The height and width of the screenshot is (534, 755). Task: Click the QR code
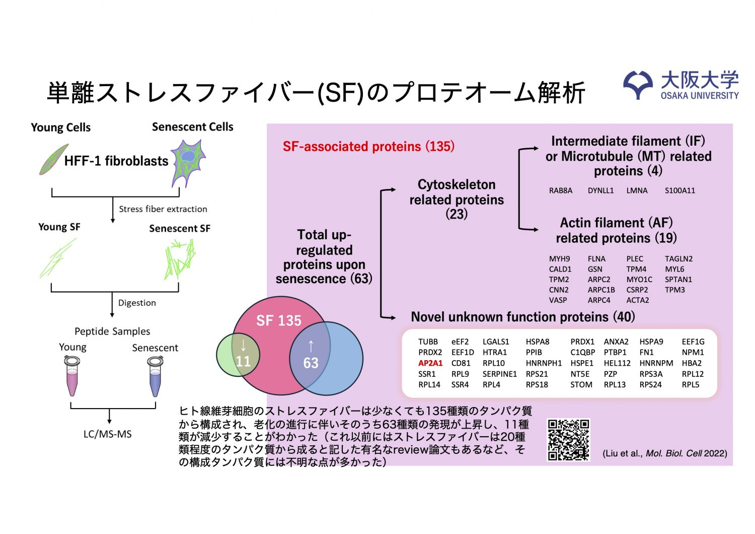(568, 440)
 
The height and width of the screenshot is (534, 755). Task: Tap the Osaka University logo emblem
(638, 84)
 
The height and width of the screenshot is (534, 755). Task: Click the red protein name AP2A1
(430, 363)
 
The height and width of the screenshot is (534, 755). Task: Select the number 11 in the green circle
(243, 361)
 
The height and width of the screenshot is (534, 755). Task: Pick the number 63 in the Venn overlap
(311, 363)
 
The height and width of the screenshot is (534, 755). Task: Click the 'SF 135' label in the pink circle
(278, 320)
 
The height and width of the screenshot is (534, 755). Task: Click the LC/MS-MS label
(108, 434)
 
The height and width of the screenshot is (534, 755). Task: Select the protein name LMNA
(637, 190)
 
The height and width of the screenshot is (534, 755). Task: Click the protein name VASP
(558, 300)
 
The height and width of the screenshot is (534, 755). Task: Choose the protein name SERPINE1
(499, 374)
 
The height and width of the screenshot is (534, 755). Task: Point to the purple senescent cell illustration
(188, 161)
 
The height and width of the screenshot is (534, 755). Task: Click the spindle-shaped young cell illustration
(53, 160)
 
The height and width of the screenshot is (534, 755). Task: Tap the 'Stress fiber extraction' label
(163, 209)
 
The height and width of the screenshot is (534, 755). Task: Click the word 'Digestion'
(137, 303)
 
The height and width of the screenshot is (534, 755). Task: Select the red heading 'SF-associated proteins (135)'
(368, 147)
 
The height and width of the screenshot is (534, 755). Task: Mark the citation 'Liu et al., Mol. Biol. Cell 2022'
(664, 453)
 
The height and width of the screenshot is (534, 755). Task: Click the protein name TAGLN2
(678, 259)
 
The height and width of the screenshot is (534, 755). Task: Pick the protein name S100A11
(679, 190)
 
